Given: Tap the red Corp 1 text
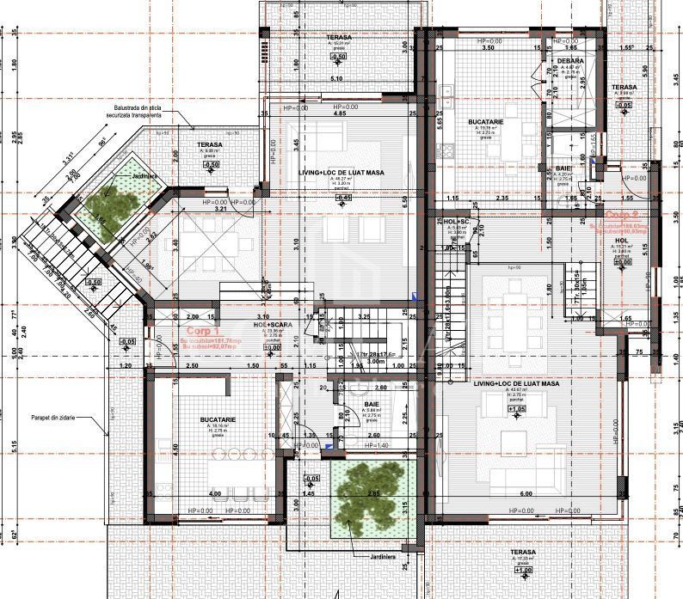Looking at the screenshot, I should pos(204,329).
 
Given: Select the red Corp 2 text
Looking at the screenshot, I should pos(621,215).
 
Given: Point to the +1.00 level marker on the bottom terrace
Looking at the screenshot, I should pos(523,569).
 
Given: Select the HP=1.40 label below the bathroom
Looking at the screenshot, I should pos(377,446).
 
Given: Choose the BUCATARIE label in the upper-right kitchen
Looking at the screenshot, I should pos(485,123).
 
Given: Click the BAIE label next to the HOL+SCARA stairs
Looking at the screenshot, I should pos(372,403).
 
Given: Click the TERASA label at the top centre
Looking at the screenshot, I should pos(338,37).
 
